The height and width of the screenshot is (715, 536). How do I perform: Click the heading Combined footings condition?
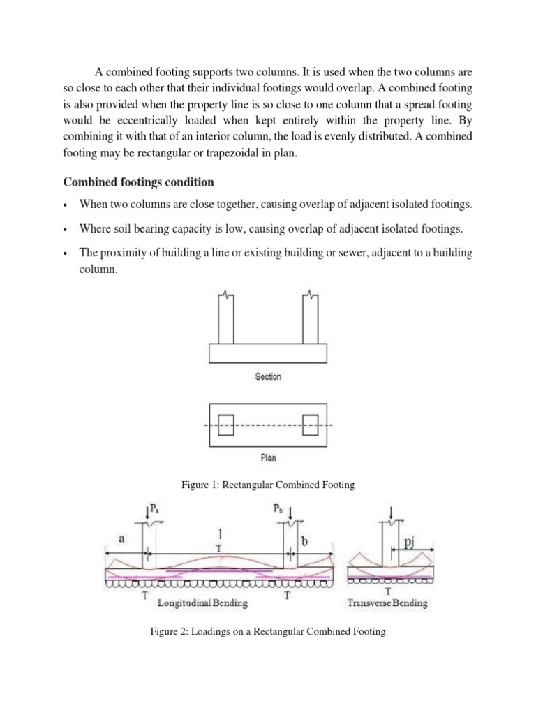pos(139,182)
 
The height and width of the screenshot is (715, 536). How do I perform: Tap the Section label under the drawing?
pos(268,377)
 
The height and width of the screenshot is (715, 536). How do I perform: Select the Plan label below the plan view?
pos(268,458)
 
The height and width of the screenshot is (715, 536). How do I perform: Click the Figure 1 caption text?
pos(268,485)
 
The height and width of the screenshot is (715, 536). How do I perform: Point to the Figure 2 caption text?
pos(268,632)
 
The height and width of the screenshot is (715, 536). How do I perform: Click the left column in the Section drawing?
pos(225,318)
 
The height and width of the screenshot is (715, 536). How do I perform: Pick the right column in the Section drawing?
pos(310,318)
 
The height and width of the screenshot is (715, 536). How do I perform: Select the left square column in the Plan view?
pos(225,425)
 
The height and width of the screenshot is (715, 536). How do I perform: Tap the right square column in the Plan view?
pos(310,425)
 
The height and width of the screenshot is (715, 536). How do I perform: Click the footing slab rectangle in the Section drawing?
pos(268,354)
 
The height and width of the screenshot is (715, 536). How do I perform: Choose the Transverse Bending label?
pos(387,603)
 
